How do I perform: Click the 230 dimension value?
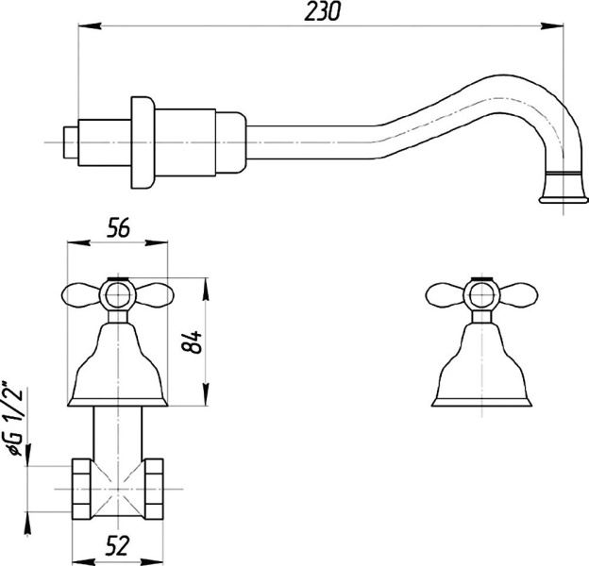click(322, 11)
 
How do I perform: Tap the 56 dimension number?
click(118, 227)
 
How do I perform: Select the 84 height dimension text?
click(192, 341)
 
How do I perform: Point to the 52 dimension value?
click(118, 545)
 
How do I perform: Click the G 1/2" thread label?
click(15, 419)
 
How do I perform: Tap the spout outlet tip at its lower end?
click(564, 200)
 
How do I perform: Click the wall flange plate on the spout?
click(143, 142)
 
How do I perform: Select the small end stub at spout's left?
click(71, 142)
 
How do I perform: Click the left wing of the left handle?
click(81, 295)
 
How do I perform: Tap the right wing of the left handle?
click(154, 295)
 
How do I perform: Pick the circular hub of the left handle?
click(118, 295)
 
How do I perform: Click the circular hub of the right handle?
click(482, 295)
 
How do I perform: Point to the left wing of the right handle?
click(446, 295)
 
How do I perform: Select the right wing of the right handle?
click(517, 295)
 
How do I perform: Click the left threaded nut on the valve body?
click(81, 489)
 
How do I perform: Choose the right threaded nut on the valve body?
click(154, 489)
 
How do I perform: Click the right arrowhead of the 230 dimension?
click(552, 25)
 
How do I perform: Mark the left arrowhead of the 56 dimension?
click(78, 242)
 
